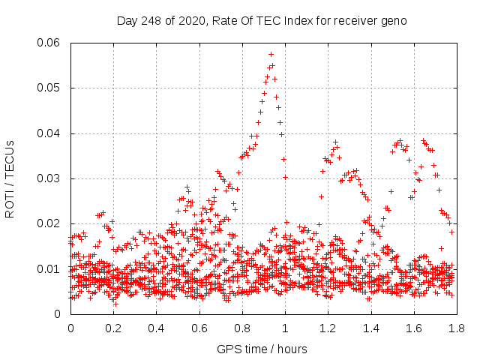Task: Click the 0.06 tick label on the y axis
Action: point(49,43)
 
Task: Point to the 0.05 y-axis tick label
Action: point(49,88)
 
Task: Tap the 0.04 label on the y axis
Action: point(49,133)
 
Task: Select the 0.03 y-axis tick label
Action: point(49,178)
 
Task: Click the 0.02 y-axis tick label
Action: point(49,223)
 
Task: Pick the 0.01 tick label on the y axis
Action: point(49,268)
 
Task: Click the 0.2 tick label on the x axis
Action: point(113,328)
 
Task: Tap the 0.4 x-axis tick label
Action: point(156,328)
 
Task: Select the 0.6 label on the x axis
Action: point(199,328)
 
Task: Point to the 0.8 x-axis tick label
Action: point(241,328)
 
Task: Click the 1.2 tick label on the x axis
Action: point(327,328)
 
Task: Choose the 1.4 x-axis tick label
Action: point(370,328)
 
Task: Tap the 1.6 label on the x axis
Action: point(412,328)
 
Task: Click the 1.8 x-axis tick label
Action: point(455,328)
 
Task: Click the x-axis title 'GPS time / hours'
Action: point(262,349)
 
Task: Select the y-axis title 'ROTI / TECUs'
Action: point(10,178)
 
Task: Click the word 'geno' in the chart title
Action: point(394,20)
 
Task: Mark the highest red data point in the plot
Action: point(271,54)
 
